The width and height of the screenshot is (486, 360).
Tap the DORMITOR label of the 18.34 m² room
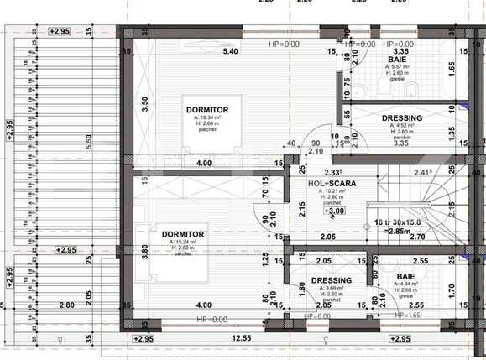[206, 110]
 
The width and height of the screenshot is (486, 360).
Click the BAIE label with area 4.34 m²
[407, 274]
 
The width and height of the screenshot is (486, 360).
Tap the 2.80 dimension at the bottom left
[64, 306]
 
